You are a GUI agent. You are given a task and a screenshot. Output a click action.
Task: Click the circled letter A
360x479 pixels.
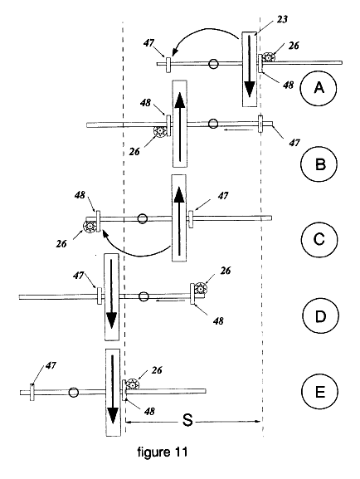pos(319,88)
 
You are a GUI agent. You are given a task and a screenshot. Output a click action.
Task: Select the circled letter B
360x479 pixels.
pos(319,164)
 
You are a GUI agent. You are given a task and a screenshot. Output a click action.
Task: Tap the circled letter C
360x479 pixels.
pos(319,239)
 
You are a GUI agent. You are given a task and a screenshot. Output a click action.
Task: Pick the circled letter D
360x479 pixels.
pos(320,316)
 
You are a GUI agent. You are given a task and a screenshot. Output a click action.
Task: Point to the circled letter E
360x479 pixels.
pos(319,392)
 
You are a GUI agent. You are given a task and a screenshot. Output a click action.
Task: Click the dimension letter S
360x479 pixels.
pos(187,420)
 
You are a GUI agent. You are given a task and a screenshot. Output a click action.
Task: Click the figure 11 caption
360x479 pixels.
pos(162,452)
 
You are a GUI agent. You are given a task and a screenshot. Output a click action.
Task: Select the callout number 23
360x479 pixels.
pos(282,19)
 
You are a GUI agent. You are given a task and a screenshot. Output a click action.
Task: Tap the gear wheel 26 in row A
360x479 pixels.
pos(269,57)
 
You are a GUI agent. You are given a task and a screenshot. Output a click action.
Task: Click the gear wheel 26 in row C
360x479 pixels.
pos(90,227)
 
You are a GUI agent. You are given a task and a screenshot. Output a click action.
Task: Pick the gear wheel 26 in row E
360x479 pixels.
pos(133,384)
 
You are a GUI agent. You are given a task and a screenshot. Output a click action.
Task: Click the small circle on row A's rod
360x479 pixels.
pos(213,64)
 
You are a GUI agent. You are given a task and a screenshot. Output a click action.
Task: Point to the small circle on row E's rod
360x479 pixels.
pos(73,392)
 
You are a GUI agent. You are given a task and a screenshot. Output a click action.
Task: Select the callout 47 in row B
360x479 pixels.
pos(294,142)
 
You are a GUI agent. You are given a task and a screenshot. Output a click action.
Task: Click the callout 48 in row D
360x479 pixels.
pos(218,320)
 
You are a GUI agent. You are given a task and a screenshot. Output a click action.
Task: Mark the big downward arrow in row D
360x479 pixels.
pos(111,294)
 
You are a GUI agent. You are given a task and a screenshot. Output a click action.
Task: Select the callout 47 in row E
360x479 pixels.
pos(51,365)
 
